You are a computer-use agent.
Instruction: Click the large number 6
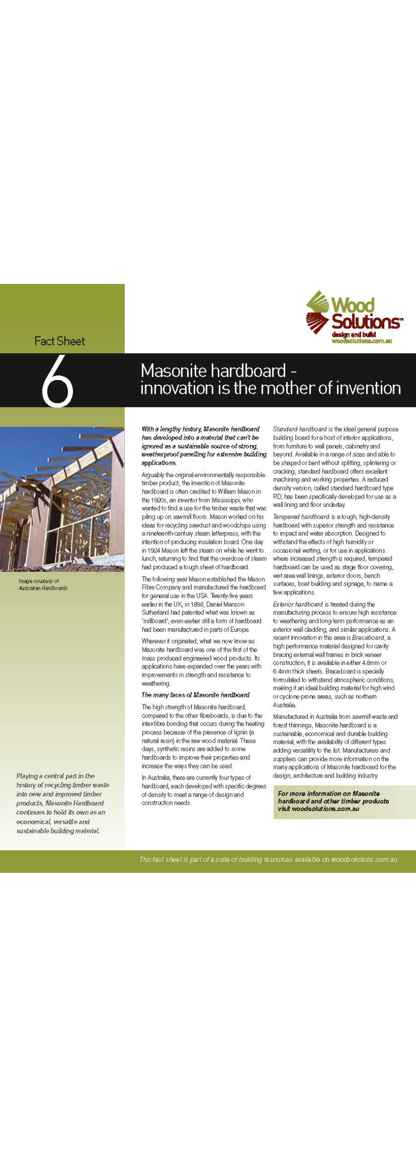pyautogui.click(x=57, y=380)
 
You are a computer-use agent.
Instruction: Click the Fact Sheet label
pyautogui.click(x=59, y=341)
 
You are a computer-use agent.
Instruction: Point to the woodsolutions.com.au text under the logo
pyautogui.click(x=362, y=341)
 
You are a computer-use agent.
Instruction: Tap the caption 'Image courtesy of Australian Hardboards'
pyautogui.click(x=43, y=584)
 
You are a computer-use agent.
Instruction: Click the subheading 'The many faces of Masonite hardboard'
pyautogui.click(x=195, y=695)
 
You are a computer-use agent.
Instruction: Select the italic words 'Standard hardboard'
pyautogui.click(x=299, y=429)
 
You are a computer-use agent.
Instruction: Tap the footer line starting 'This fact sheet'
pyautogui.click(x=268, y=860)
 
